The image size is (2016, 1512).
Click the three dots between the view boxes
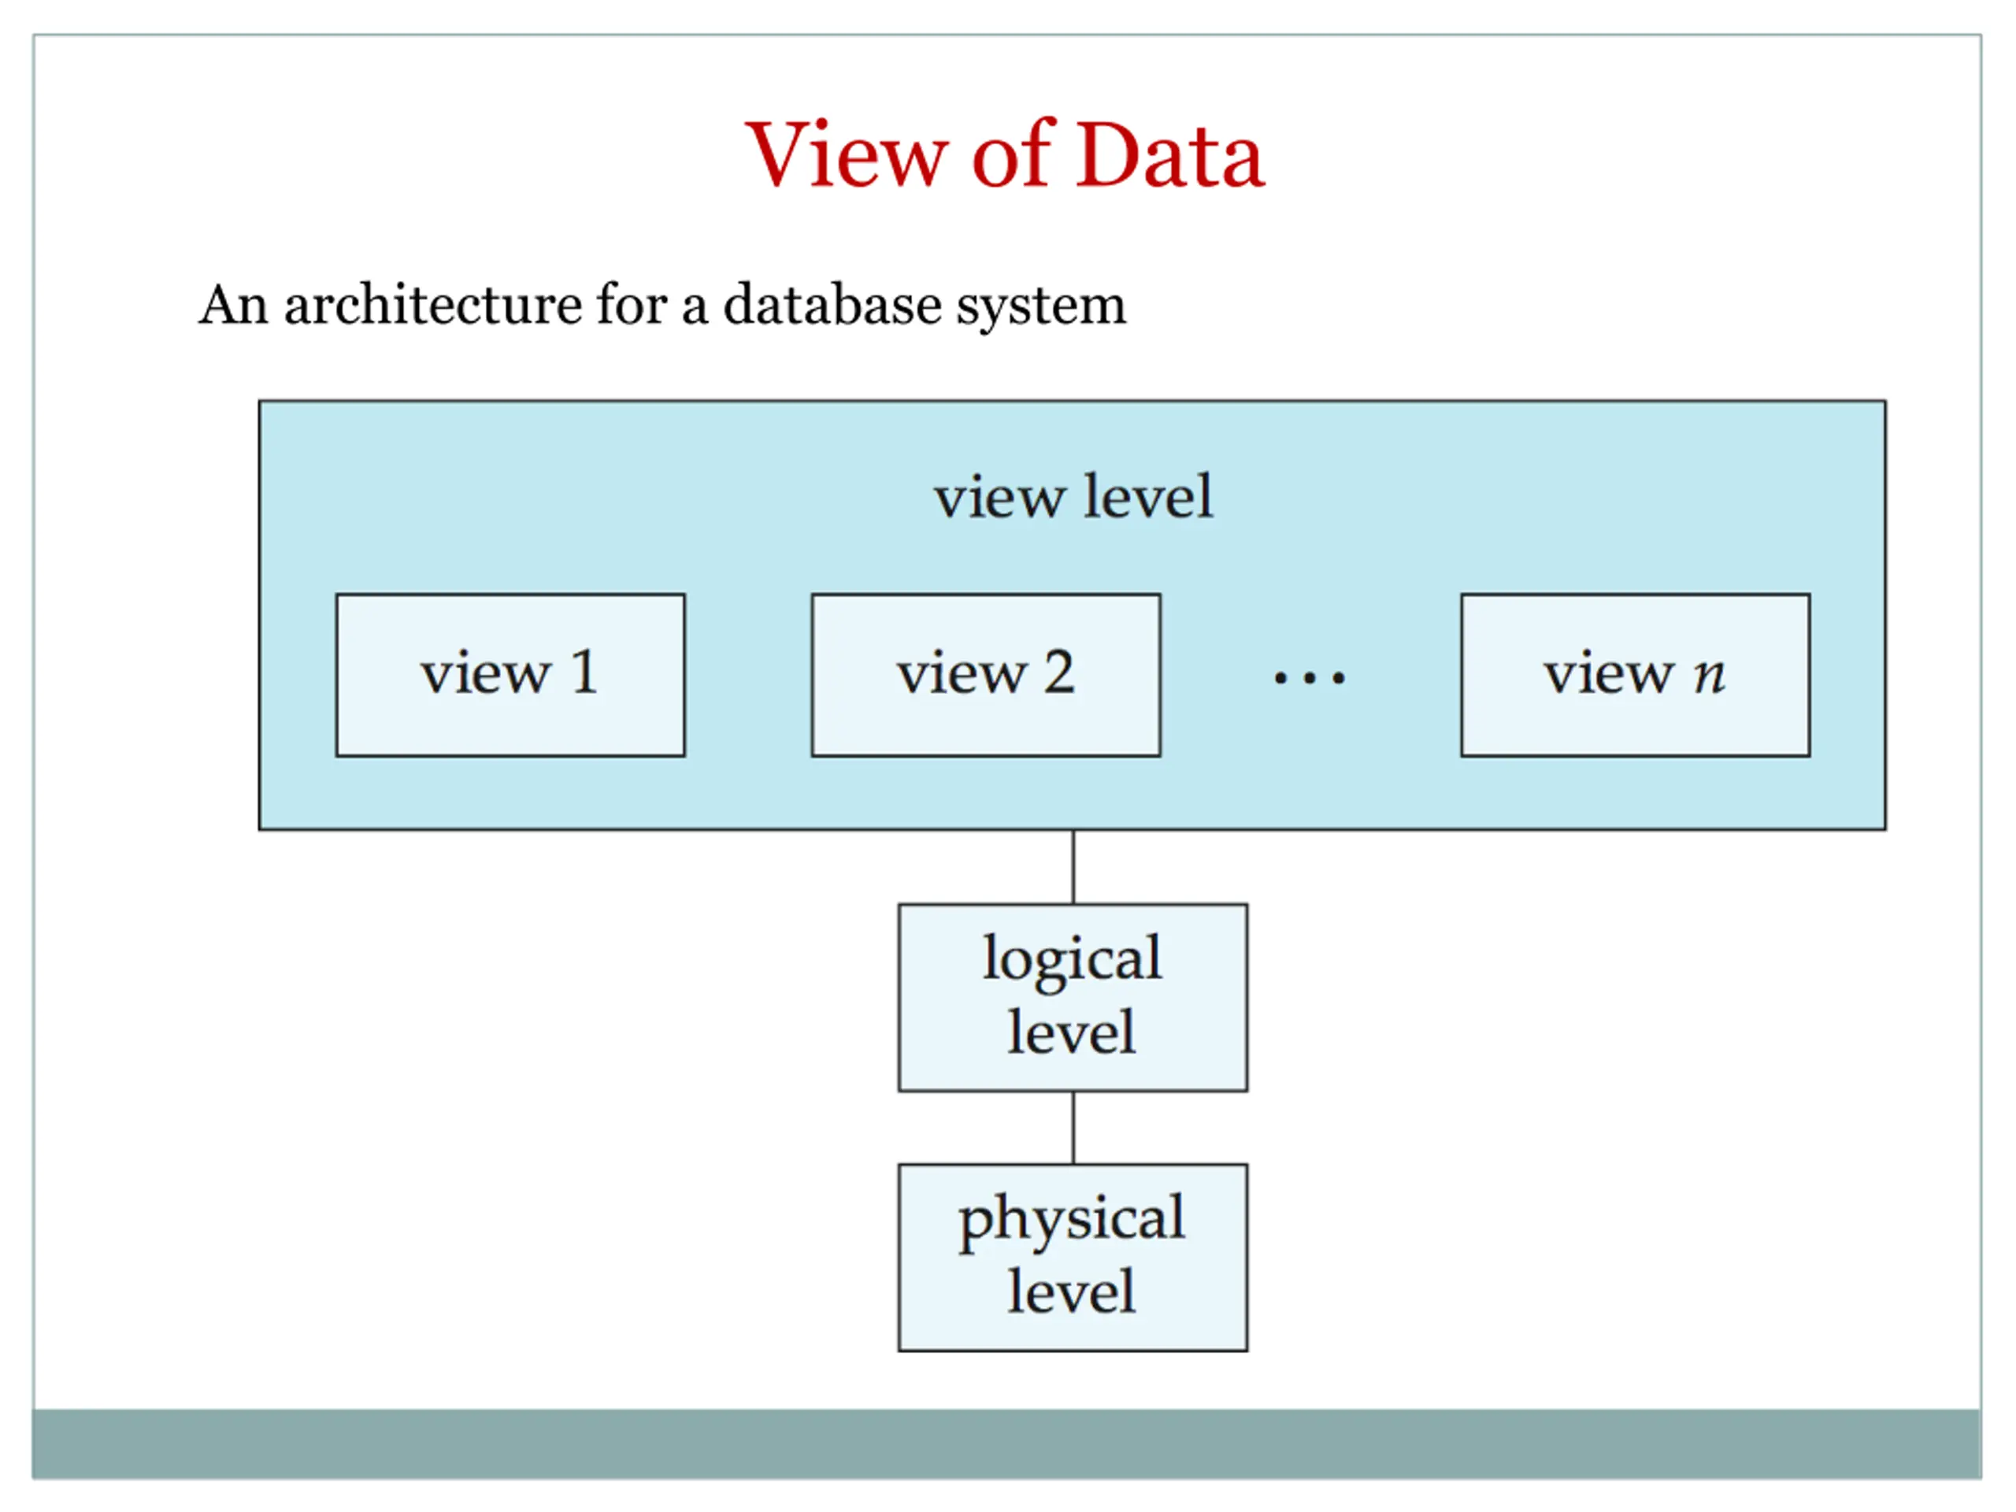(x=1310, y=678)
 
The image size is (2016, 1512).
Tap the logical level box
(x=1073, y=998)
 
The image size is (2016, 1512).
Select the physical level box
(x=1073, y=1258)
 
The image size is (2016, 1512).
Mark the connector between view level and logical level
(x=1073, y=867)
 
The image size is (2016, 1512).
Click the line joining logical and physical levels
(x=1073, y=1128)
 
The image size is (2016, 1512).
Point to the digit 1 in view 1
(x=584, y=672)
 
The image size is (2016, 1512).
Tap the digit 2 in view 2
(x=1058, y=672)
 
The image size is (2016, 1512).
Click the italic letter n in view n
(x=1709, y=678)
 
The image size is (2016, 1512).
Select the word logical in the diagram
(x=1073, y=962)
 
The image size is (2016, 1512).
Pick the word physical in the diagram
(x=1072, y=1221)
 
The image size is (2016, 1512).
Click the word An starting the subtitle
(x=234, y=305)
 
